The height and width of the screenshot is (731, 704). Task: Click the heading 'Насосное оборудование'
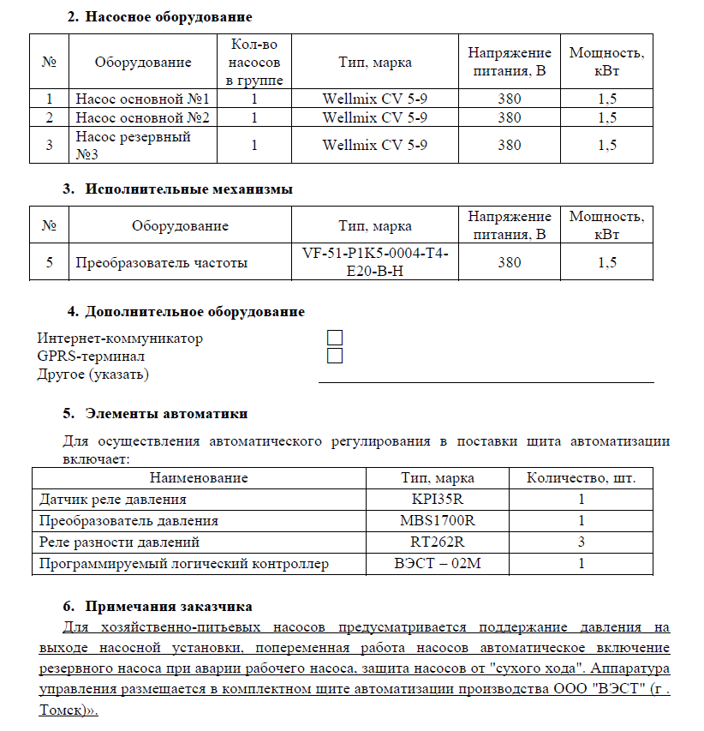169,16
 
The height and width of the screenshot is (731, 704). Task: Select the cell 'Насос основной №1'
143,98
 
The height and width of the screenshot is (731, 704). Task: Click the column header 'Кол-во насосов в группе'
254,62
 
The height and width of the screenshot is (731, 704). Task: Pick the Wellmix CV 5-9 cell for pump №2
375,117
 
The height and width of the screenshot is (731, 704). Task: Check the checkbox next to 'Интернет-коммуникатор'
335,339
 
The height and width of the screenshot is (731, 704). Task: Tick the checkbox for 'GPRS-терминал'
335,356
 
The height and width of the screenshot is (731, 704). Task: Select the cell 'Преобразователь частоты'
162,263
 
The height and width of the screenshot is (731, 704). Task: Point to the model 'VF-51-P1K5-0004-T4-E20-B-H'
375,263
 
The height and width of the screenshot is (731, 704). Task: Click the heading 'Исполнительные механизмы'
188,189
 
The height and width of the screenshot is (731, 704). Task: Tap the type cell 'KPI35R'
438,499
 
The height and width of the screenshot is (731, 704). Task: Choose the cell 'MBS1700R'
438,520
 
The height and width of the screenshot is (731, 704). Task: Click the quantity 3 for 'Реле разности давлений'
582,542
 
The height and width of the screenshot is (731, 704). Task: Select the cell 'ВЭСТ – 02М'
438,563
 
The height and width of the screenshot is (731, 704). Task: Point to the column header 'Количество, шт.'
582,477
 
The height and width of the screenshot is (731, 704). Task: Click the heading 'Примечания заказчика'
169,606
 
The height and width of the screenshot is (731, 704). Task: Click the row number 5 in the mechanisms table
50,263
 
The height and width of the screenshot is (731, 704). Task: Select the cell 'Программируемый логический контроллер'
184,563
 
